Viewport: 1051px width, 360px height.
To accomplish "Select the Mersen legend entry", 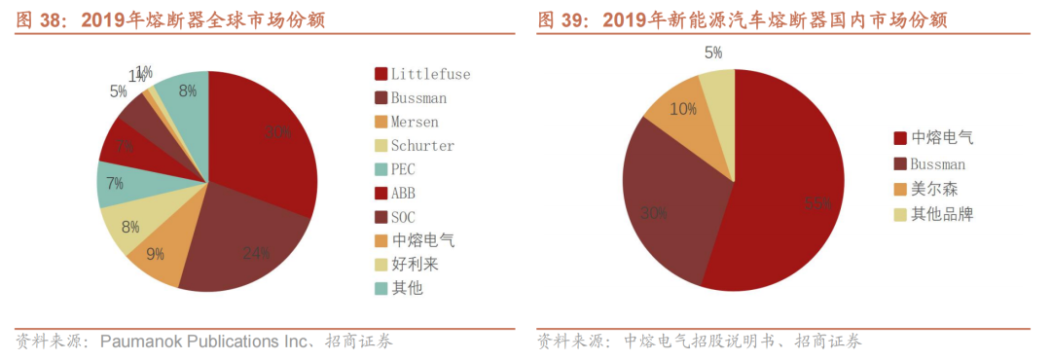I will (414, 122).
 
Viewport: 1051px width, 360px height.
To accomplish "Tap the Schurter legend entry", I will (421, 146).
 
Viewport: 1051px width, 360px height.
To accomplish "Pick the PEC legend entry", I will (403, 169).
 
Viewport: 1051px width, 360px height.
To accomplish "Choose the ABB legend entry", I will (403, 193).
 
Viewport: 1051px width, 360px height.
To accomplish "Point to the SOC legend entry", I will (403, 217).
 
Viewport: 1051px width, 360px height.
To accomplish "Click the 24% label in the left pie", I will (256, 254).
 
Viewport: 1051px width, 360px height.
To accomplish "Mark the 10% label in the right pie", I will (683, 109).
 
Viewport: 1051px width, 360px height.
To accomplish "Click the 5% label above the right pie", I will (713, 53).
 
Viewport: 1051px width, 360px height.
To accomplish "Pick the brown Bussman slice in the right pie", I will (662, 209).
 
